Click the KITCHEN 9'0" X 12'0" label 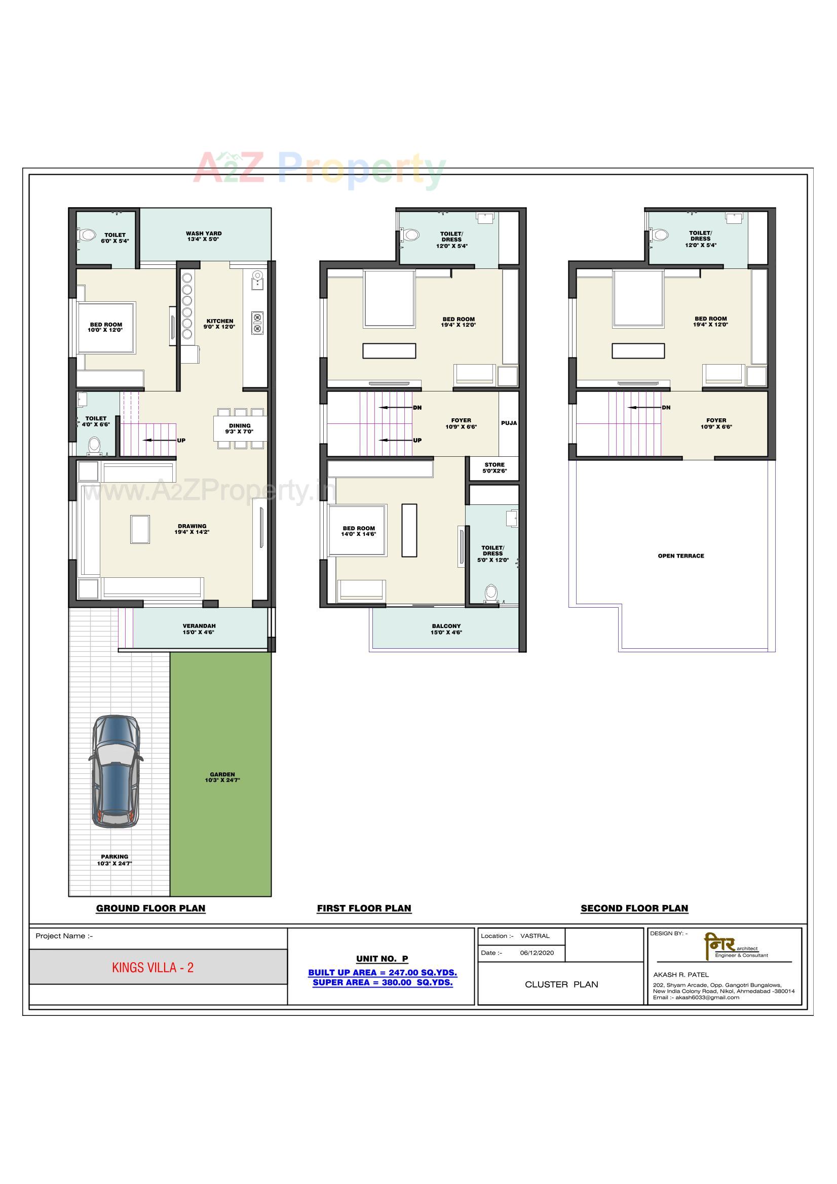click(219, 324)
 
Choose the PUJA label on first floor click(508, 423)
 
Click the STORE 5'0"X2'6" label click(494, 468)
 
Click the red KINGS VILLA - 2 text click(153, 967)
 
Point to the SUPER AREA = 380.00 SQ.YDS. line click(383, 982)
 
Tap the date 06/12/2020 click(537, 953)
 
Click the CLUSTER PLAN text click(561, 984)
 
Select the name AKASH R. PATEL click(680, 975)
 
